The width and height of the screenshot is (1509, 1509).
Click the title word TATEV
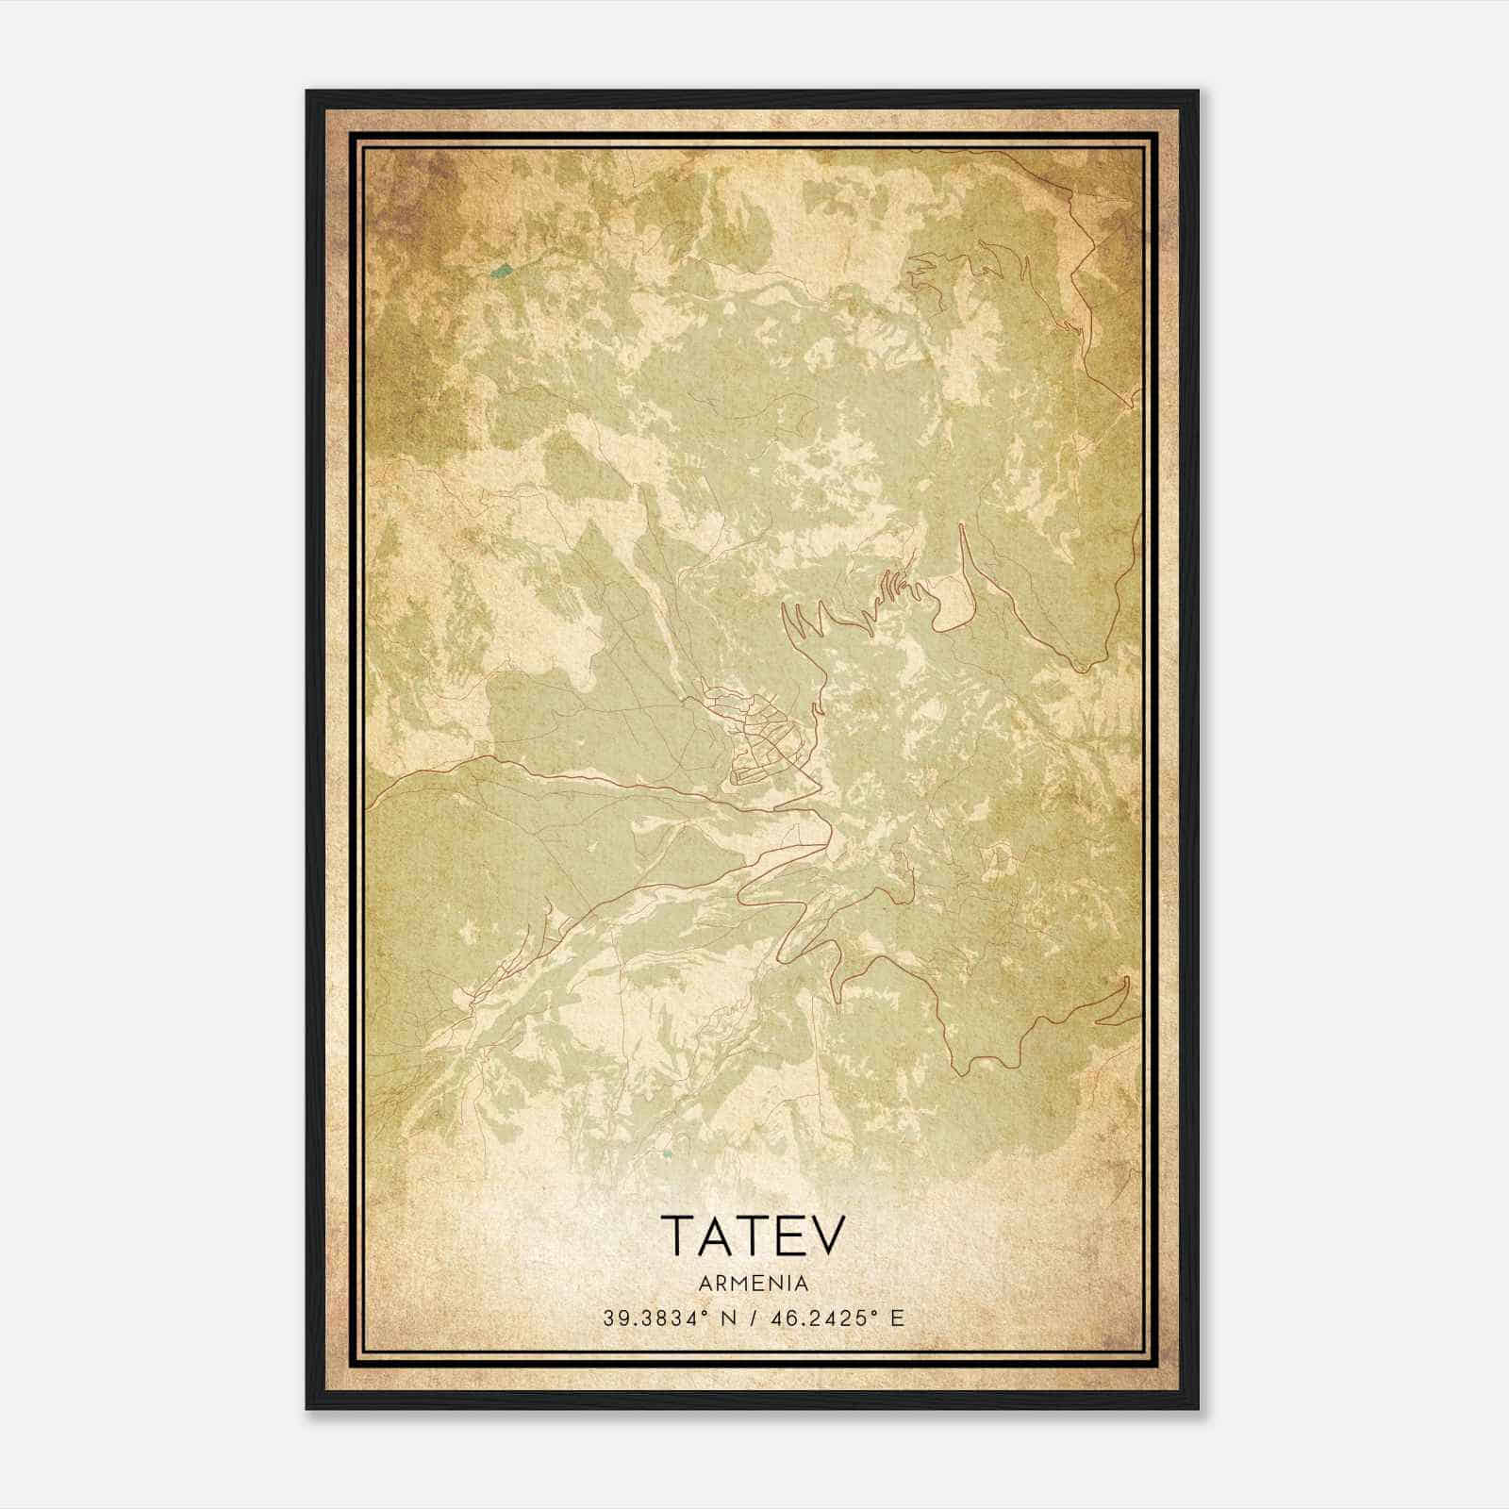753,1235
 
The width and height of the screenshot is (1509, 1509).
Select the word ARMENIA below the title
754,1284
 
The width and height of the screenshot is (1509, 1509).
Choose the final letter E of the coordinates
897,1318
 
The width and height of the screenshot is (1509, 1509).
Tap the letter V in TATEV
828,1235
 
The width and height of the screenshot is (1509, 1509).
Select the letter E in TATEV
792,1235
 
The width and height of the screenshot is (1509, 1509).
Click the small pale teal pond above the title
667,1152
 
